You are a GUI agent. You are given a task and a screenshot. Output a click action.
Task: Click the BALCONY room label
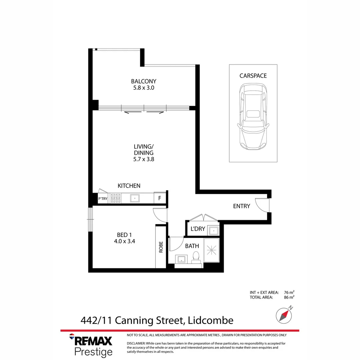[x=143, y=81]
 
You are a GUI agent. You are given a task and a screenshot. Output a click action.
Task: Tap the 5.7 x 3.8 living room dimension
[x=143, y=159]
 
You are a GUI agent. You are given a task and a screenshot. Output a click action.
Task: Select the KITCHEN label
[x=129, y=186]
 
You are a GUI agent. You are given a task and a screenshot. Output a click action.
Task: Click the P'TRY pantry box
[x=103, y=199]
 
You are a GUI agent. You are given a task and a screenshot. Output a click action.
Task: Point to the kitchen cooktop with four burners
[x=116, y=198]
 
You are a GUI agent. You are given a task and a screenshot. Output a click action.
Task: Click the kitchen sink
[x=135, y=198]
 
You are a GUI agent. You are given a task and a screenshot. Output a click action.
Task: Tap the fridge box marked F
[x=160, y=198]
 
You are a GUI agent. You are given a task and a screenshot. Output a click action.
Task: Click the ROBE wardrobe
[x=161, y=247]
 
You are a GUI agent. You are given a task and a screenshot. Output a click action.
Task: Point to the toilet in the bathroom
[x=196, y=257]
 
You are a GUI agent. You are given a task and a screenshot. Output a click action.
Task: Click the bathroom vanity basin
[x=182, y=259]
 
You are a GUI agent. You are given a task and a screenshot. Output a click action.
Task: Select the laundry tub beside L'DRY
[x=213, y=230]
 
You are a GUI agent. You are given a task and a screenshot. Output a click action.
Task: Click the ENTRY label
[x=241, y=206]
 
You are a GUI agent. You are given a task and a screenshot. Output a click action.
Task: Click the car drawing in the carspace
[x=253, y=117]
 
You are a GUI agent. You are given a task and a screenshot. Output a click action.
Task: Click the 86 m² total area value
[x=289, y=297]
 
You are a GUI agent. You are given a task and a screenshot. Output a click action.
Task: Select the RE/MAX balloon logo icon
[x=72, y=337]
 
